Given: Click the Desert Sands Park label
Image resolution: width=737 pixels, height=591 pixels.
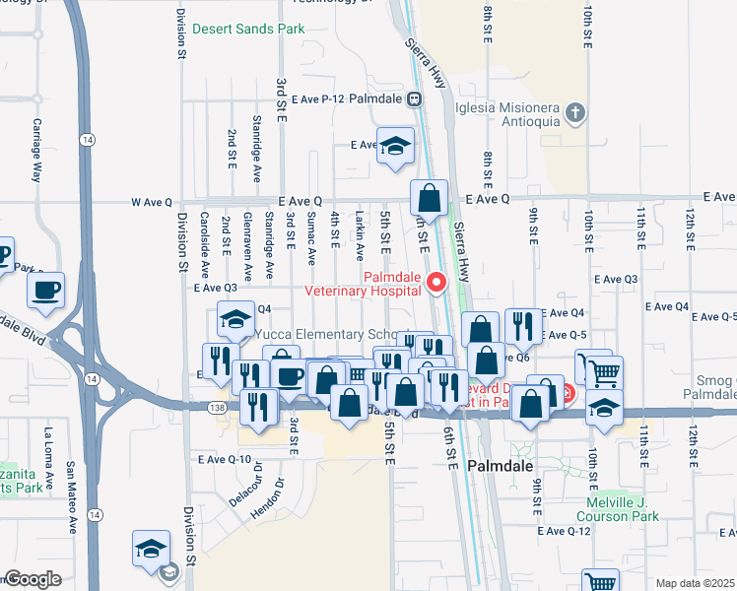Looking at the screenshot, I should (248, 30).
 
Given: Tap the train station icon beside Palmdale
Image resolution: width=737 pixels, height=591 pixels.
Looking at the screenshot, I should (415, 98).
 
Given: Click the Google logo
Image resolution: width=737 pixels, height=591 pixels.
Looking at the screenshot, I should (32, 579).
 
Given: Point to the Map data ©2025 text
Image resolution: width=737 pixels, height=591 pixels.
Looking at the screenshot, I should (695, 583).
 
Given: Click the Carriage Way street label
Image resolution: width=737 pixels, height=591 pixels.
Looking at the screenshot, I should (37, 151).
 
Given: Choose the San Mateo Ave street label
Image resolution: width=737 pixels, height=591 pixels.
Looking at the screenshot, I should (71, 497).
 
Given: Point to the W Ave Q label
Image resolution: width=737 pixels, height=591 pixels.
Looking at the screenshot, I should (152, 202).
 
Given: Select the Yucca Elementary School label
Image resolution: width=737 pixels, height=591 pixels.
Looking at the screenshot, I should (333, 334).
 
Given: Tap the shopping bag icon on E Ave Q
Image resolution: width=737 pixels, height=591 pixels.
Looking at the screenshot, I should (430, 196).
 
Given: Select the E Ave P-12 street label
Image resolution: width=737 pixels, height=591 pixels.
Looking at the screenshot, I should (317, 99).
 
